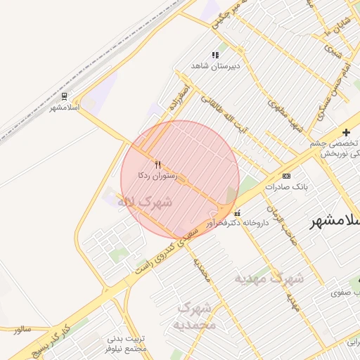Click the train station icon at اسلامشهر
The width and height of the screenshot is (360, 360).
[65, 96]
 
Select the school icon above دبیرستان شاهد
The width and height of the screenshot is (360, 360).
[215, 55]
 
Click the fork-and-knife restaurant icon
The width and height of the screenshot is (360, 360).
[157, 164]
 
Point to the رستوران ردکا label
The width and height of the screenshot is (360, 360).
[157, 174]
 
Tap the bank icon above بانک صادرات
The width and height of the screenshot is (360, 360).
[286, 176]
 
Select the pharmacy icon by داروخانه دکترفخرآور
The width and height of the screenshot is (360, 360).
[236, 212]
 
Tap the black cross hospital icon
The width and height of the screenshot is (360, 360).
[345, 132]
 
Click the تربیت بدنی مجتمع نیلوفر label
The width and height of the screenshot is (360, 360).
[126, 344]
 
